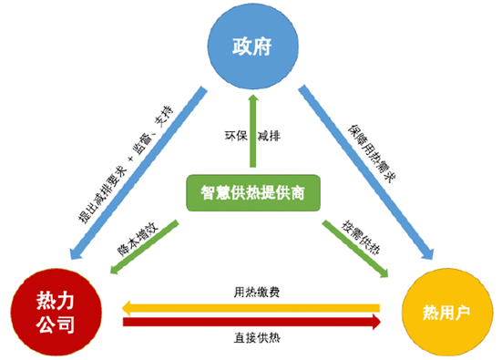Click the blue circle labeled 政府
tap(253, 46)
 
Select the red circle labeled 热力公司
tap(56, 312)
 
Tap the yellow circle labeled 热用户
tap(447, 312)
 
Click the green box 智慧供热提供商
tap(253, 193)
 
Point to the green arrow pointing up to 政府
tap(253, 130)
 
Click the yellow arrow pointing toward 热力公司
tap(251, 308)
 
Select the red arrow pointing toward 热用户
tap(252, 322)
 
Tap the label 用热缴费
tap(257, 292)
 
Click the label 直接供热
tap(257, 338)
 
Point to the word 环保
tap(236, 136)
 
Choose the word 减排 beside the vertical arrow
tap(269, 136)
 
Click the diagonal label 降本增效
tap(138, 240)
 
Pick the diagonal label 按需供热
tap(361, 237)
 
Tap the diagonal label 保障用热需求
tap(372, 154)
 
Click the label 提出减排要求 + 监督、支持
tap(126, 165)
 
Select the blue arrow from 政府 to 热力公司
tap(138, 172)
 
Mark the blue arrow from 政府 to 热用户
tap(366, 172)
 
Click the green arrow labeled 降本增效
tap(144, 247)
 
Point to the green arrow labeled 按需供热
tap(355, 248)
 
